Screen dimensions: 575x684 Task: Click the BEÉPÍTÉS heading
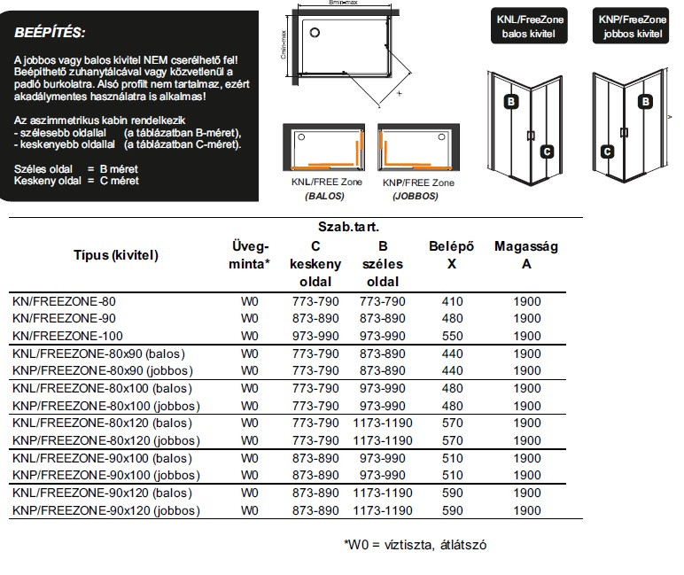50,33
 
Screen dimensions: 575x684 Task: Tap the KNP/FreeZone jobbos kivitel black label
633,27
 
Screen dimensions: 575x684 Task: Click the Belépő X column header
452,255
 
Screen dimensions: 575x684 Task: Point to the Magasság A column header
526,255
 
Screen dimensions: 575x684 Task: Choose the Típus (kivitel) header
115,255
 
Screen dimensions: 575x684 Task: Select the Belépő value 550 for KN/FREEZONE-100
452,336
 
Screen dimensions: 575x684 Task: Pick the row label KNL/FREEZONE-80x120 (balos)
102,423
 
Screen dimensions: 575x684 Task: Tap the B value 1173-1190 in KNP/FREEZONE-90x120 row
383,511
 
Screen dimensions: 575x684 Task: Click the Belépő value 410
452,301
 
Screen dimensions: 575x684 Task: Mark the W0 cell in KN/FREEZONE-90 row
250,319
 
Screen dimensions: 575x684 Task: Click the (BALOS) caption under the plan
323,196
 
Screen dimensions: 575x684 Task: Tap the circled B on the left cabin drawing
511,102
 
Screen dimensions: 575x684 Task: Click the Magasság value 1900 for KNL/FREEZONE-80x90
526,354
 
